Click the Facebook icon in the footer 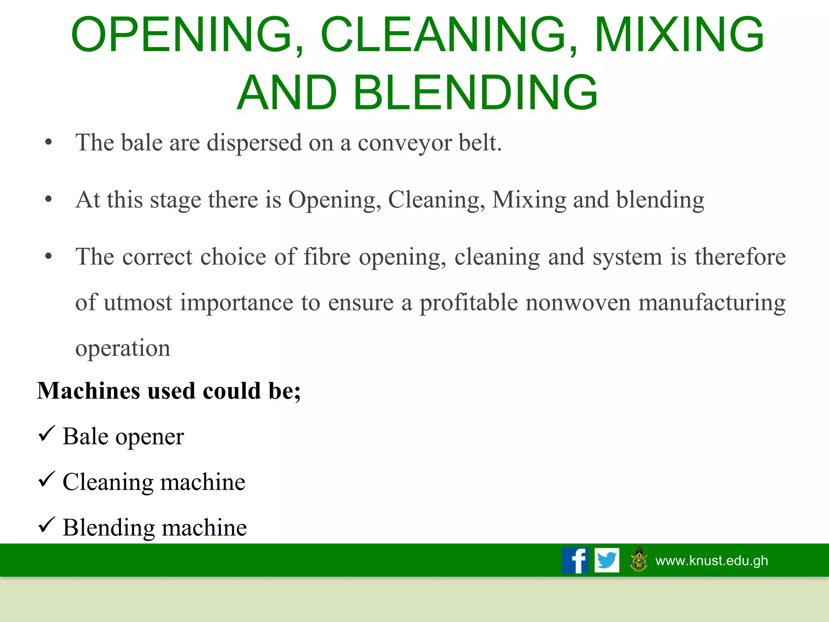click(575, 560)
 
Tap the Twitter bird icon click(607, 560)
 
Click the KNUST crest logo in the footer click(639, 559)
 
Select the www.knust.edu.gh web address click(712, 560)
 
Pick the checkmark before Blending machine click(46, 525)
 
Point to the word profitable click(468, 303)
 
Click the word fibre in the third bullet click(327, 257)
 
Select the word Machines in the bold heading click(89, 391)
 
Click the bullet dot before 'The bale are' click(49, 143)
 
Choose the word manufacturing click(712, 303)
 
